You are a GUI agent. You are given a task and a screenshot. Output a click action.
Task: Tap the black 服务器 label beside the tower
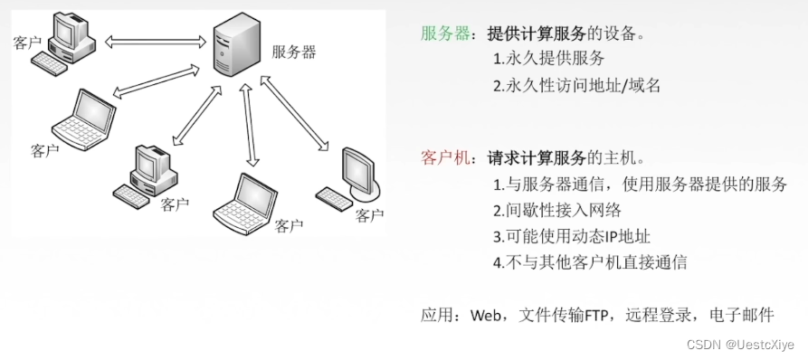[x=294, y=52]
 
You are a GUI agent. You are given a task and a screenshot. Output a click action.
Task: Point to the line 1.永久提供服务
[x=548, y=60]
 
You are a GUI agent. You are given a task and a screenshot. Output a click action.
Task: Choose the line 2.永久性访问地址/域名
[x=577, y=86]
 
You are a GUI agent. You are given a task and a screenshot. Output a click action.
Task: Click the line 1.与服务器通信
[x=640, y=185]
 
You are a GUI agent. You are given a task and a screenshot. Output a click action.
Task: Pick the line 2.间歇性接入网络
[x=557, y=211]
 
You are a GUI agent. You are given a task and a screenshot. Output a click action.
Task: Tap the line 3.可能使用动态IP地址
[x=572, y=237]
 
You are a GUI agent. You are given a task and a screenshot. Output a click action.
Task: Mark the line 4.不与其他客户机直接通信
[x=590, y=263]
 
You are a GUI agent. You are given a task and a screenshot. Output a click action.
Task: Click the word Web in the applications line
[x=486, y=316]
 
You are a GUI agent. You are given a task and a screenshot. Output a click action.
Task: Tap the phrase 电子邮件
[x=746, y=316]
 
